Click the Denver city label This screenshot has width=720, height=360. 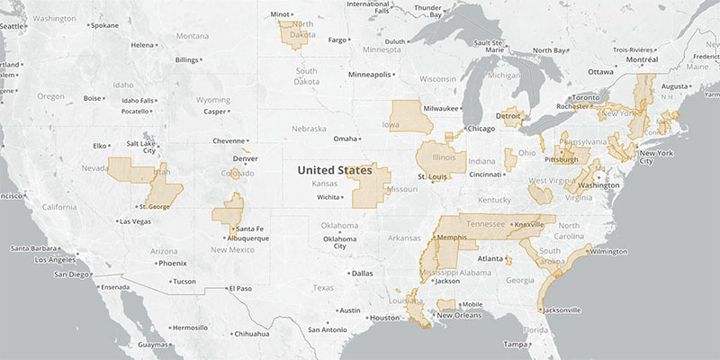(246, 158)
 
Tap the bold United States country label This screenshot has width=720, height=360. (334, 169)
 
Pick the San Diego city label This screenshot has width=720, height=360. (72, 274)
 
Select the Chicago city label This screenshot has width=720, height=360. (482, 128)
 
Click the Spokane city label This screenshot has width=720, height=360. (103, 24)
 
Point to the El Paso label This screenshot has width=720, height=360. (240, 288)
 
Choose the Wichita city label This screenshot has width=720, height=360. (328, 196)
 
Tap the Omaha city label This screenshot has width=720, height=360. (345, 139)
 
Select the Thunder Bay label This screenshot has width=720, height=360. (427, 11)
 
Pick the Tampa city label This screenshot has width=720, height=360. (516, 344)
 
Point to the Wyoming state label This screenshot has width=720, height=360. (213, 100)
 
